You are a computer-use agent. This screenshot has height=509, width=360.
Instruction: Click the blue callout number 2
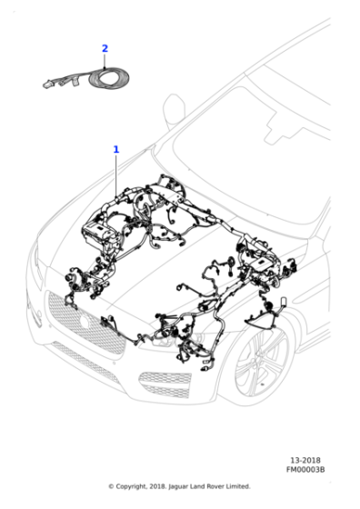pyautogui.click(x=105, y=49)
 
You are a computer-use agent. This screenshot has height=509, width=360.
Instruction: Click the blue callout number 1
pyautogui.click(x=115, y=150)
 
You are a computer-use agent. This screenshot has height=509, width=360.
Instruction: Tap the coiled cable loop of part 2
pyautogui.click(x=109, y=78)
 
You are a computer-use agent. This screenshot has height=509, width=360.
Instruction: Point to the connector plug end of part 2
pyautogui.click(x=47, y=85)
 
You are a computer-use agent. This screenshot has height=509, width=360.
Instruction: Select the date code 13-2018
pyautogui.click(x=305, y=460)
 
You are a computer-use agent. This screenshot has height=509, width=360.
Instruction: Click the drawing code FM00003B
pyautogui.click(x=305, y=469)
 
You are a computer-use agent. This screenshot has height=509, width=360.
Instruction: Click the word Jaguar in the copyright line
pyautogui.click(x=178, y=486)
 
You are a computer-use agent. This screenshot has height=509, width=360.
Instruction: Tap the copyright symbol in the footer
pyautogui.click(x=111, y=486)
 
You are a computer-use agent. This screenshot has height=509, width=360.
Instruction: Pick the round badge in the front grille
pyautogui.click(x=85, y=322)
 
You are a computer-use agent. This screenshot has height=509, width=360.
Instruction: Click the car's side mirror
pyautogui.click(x=174, y=110)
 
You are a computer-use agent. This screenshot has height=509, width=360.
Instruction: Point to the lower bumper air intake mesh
pyautogui.click(x=165, y=384)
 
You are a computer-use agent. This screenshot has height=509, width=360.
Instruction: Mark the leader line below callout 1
pyautogui.click(x=116, y=175)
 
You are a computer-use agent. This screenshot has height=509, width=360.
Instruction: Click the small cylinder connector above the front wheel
pyautogui.click(x=283, y=301)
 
